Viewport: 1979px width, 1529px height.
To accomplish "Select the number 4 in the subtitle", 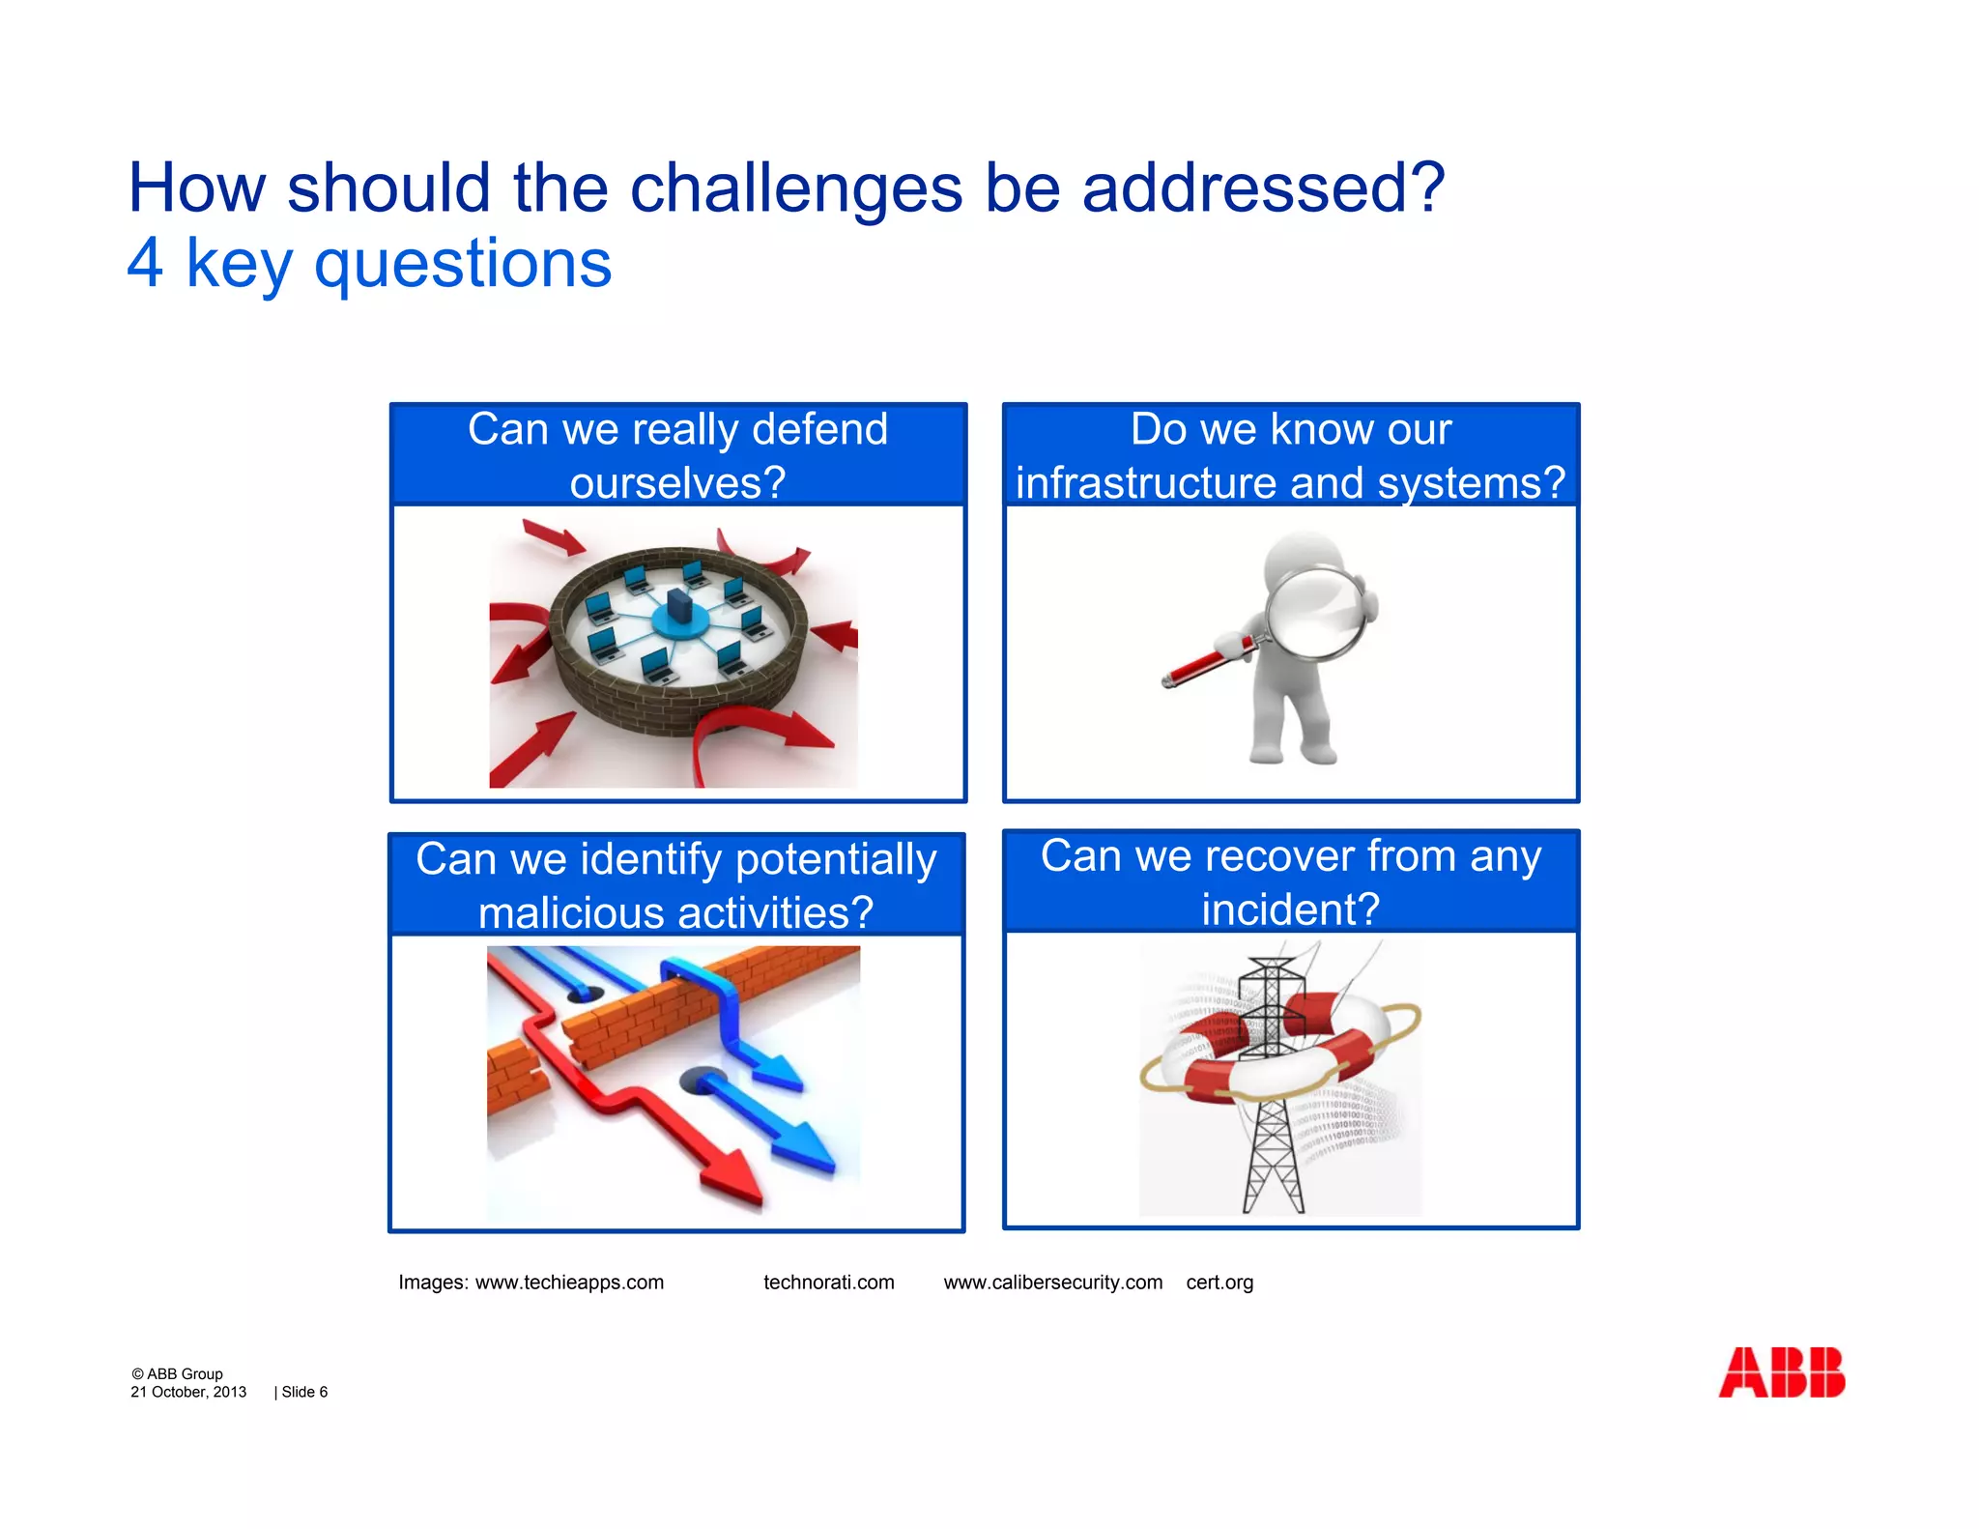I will click(145, 263).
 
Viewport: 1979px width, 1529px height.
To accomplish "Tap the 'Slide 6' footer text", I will click(303, 1392).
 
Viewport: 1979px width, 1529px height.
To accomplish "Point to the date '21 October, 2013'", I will click(188, 1392).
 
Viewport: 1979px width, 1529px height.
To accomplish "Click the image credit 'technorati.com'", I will click(828, 1282).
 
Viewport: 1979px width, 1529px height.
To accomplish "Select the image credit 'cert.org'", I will click(1219, 1282).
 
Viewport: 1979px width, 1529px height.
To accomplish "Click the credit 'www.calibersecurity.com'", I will click(1052, 1282).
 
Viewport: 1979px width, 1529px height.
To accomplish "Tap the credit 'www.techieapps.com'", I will click(569, 1282).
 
